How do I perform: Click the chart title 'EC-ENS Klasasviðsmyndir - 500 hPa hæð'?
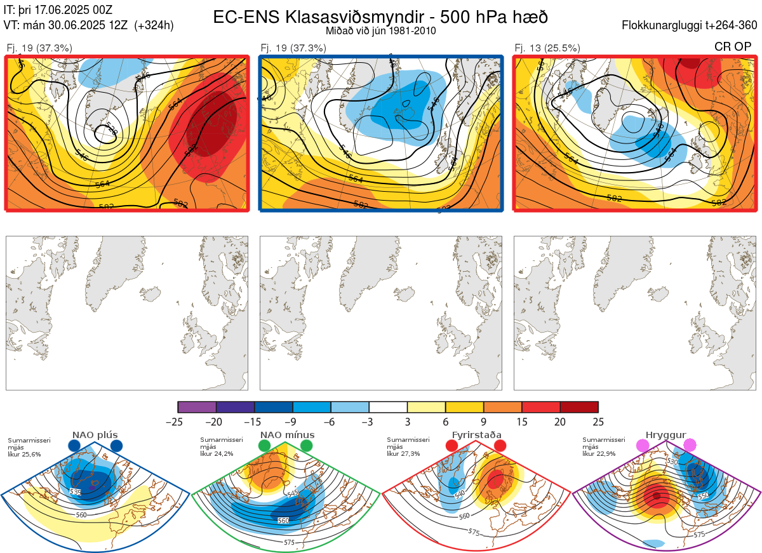click(380, 16)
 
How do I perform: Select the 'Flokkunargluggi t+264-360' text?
click(691, 25)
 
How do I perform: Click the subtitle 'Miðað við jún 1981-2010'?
click(380, 30)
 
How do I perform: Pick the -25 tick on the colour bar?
click(178, 422)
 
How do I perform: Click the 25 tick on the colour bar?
click(598, 422)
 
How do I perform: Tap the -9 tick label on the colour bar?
click(293, 422)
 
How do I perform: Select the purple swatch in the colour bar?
click(197, 407)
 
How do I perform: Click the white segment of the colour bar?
click(388, 407)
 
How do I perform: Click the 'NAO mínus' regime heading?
click(287, 435)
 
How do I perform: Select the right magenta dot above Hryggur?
click(689, 446)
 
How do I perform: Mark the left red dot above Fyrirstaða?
click(452, 446)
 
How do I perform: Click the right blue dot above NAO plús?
click(116, 446)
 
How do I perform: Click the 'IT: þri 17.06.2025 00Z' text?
click(58, 9)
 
